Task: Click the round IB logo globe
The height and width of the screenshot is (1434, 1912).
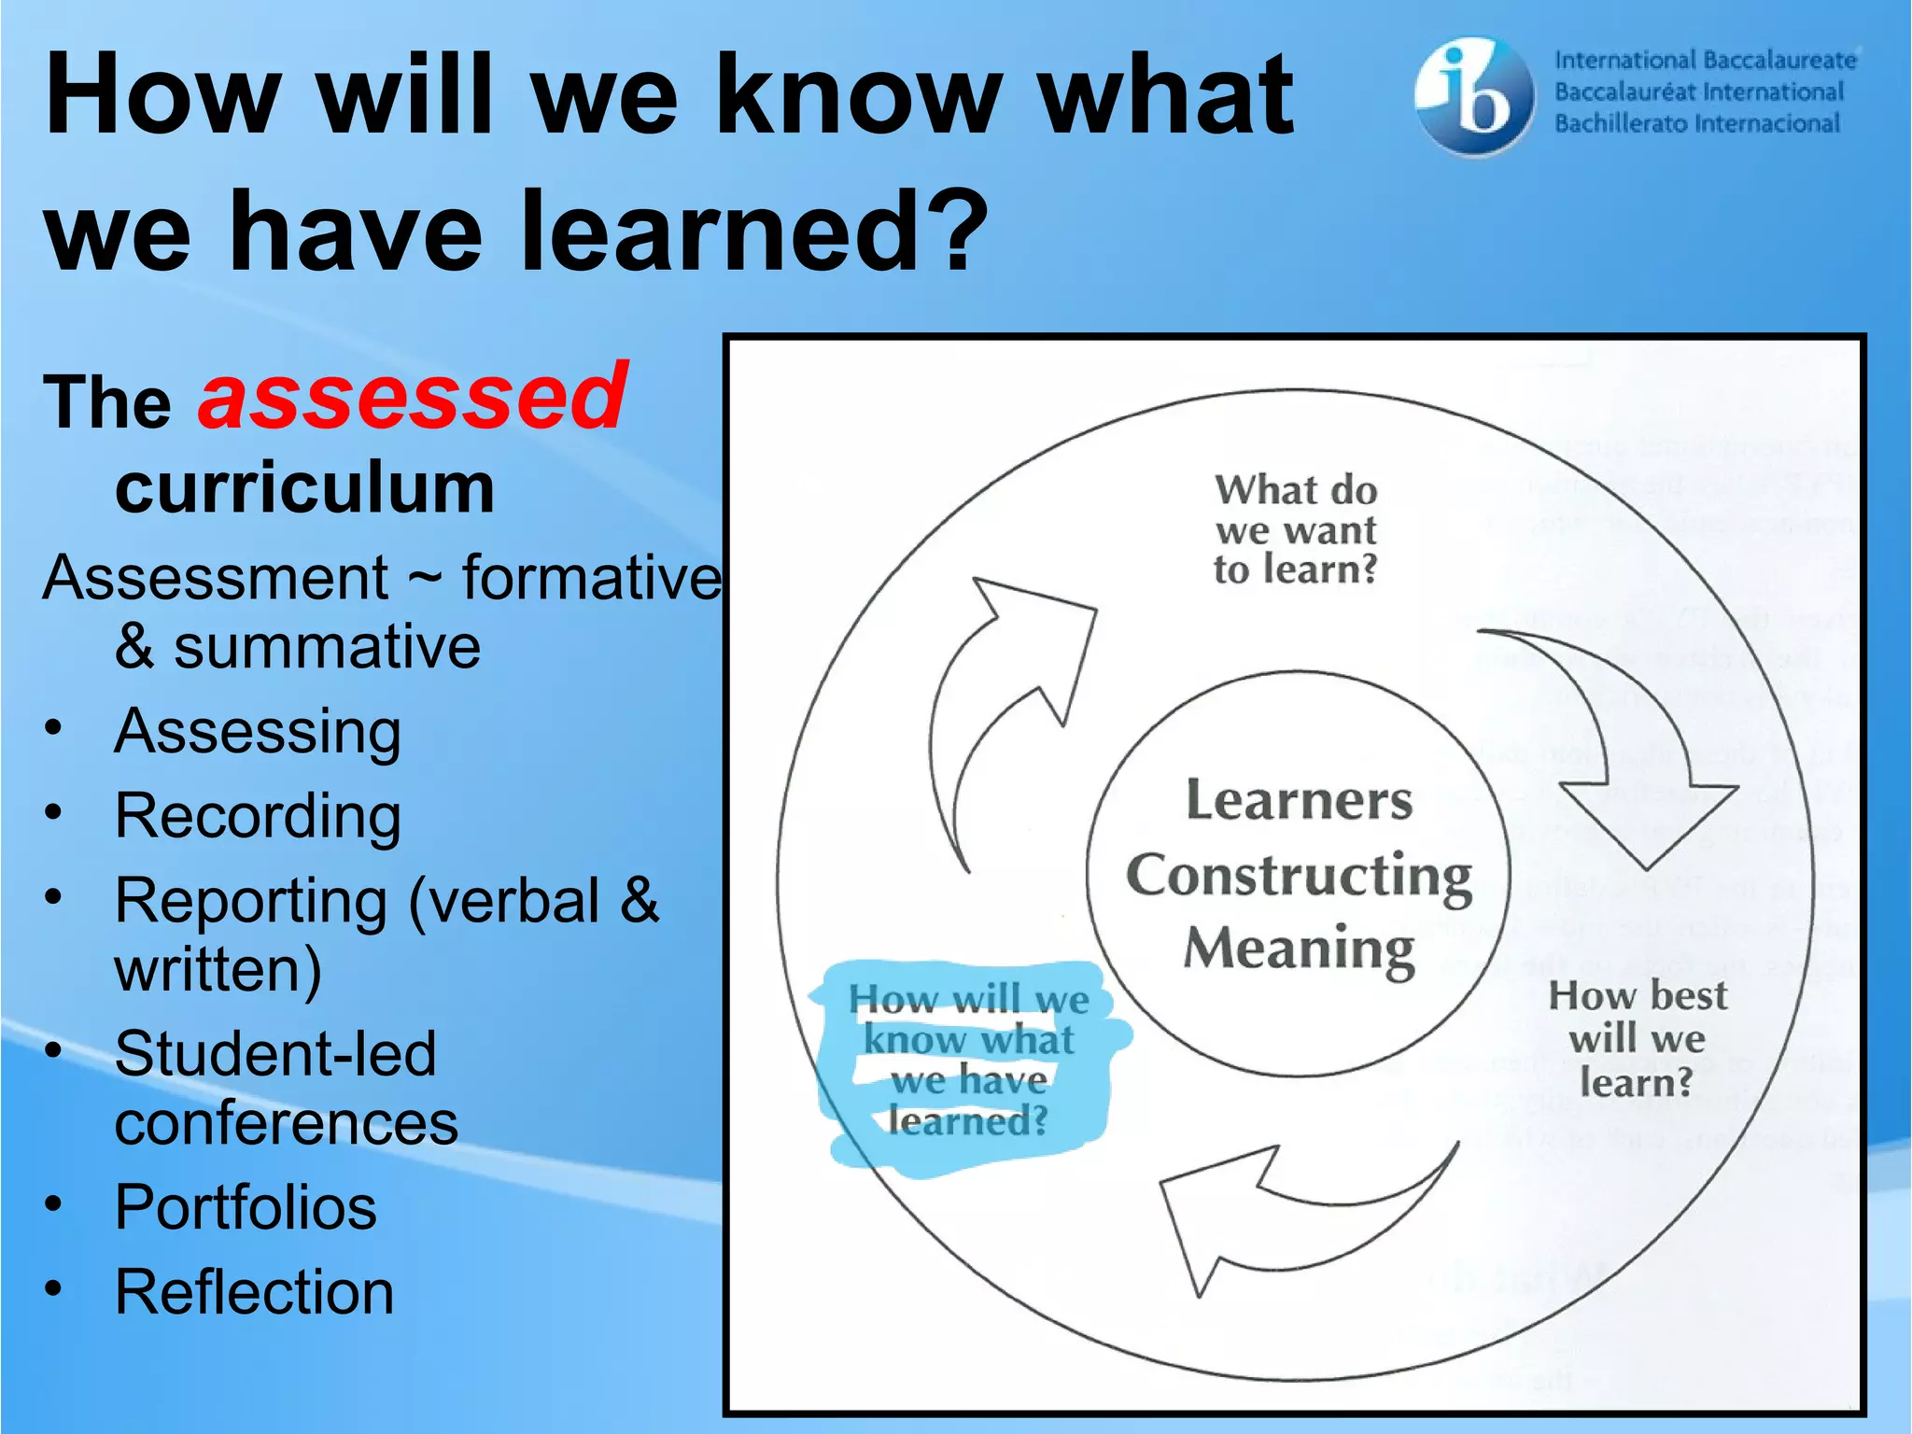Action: pyautogui.click(x=1473, y=95)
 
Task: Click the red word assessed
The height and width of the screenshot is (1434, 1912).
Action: pyautogui.click(x=412, y=398)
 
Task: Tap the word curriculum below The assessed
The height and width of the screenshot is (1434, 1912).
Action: pyautogui.click(x=304, y=487)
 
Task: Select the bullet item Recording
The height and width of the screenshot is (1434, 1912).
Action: pyautogui.click(x=258, y=816)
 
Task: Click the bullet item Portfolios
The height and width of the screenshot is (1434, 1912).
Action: pyautogui.click(x=246, y=1207)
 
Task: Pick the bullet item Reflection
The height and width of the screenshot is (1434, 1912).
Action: pyautogui.click(x=254, y=1293)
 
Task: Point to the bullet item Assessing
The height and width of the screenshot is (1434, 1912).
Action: pyautogui.click(x=258, y=731)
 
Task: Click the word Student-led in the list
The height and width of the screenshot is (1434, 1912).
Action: pyautogui.click(x=275, y=1054)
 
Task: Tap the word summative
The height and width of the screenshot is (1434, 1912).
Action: pyautogui.click(x=327, y=647)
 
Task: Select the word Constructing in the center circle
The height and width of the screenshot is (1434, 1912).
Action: pyautogui.click(x=1299, y=877)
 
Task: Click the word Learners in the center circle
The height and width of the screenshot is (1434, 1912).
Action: pyautogui.click(x=1299, y=801)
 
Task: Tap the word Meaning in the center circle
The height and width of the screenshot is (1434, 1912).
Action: pyautogui.click(x=1299, y=949)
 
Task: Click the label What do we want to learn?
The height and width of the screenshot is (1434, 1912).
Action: pyautogui.click(x=1296, y=529)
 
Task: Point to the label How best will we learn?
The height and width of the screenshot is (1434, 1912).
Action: pyautogui.click(x=1637, y=1038)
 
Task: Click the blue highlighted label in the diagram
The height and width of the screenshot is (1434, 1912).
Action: pyautogui.click(x=968, y=1060)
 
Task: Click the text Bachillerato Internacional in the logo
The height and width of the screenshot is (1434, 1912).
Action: pyautogui.click(x=1696, y=124)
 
